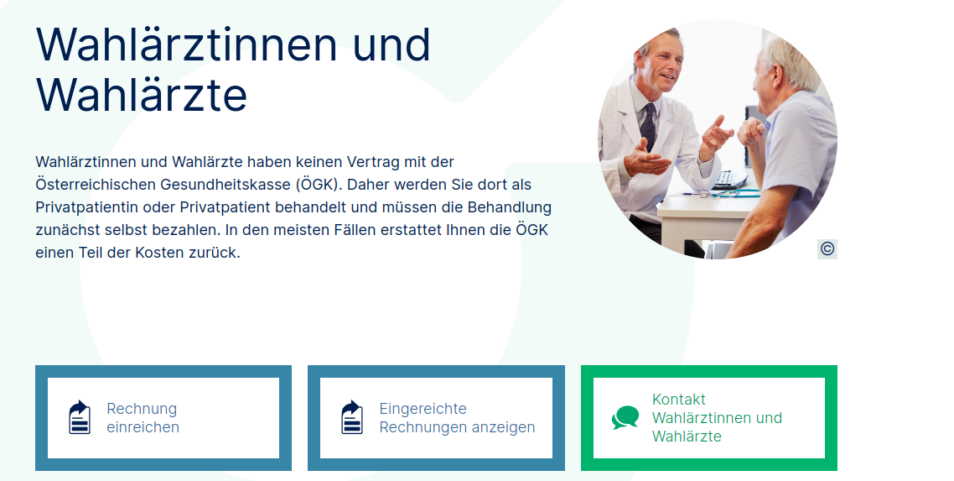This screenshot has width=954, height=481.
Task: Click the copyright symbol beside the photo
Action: pyautogui.click(x=827, y=249)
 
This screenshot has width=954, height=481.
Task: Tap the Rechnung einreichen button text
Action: pyautogui.click(x=143, y=418)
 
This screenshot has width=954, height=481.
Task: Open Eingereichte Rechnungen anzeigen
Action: pyautogui.click(x=457, y=418)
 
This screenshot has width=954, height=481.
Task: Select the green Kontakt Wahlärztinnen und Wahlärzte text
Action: pyautogui.click(x=717, y=418)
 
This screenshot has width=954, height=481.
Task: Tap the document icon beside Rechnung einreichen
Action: pyautogui.click(x=80, y=417)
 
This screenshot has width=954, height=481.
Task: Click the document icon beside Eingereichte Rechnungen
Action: pyautogui.click(x=352, y=417)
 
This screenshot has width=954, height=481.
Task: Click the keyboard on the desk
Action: pyautogui.click(x=730, y=180)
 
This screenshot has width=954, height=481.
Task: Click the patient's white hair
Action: pyautogui.click(x=791, y=61)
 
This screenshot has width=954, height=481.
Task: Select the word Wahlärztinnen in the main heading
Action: pyautogui.click(x=186, y=44)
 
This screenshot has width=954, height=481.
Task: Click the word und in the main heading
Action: pyautogui.click(x=391, y=44)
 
